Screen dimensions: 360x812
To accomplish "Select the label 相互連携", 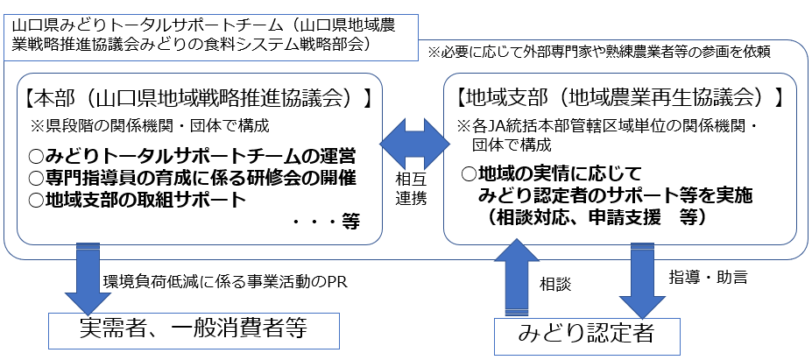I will coord(413,188).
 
